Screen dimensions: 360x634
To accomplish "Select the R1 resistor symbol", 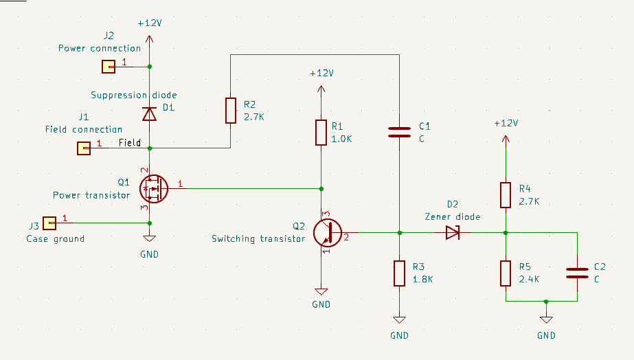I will click(321, 133).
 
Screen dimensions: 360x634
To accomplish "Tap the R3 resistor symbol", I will click(399, 273).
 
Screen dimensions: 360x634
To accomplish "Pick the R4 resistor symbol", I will click(506, 194).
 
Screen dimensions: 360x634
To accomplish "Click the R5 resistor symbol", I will click(506, 273).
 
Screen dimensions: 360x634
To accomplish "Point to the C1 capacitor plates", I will click(399, 132).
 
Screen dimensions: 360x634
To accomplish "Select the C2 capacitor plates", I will click(577, 273).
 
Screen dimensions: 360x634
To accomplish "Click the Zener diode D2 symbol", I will click(453, 232).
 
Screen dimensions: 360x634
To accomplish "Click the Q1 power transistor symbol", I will click(152, 188).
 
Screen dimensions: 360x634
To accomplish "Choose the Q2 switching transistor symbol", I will click(326, 233).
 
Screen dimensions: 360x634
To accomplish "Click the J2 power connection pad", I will click(108, 67).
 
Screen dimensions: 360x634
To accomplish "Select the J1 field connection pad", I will click(83, 148).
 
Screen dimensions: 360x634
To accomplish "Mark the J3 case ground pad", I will click(49, 223).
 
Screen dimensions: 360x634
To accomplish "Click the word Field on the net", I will click(129, 143).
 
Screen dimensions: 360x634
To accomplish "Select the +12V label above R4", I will click(506, 124).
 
